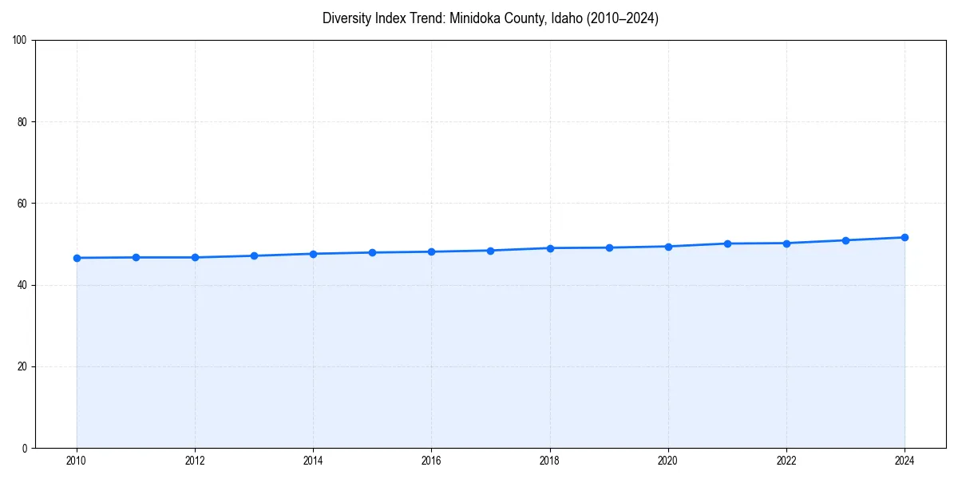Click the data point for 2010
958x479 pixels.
coord(77,258)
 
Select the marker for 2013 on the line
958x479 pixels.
coord(254,255)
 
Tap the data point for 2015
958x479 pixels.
coord(372,252)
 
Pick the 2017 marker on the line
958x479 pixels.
coord(490,251)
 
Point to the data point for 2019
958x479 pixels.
coord(609,247)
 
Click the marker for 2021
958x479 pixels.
coord(727,243)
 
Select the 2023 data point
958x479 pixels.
coord(845,240)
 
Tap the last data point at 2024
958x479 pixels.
coord(905,237)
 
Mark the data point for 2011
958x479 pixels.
coord(136,257)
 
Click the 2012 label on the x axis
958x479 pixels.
coord(195,461)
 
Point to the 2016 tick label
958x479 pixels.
coord(431,461)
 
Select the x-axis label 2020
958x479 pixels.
coord(668,461)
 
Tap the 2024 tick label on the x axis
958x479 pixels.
coord(905,461)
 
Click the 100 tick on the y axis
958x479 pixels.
coord(20,41)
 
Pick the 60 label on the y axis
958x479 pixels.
coord(22,204)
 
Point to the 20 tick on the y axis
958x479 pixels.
coord(22,366)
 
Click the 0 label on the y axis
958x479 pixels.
coord(25,448)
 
